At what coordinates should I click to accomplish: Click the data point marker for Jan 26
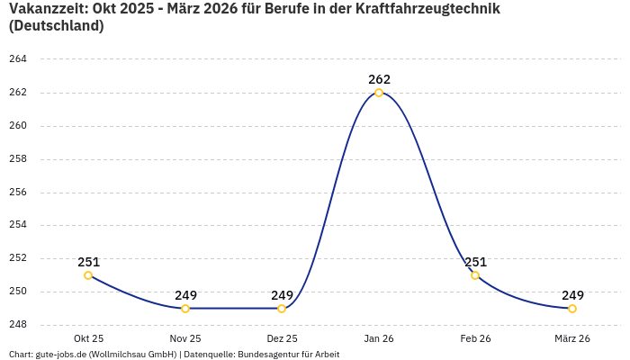pyautogui.click(x=379, y=93)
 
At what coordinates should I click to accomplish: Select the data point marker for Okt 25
pyautogui.click(x=88, y=275)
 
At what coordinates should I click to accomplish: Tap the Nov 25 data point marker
pyautogui.click(x=185, y=309)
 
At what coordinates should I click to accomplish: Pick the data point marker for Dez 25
pyautogui.click(x=282, y=309)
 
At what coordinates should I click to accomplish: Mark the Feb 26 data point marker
pyautogui.click(x=475, y=275)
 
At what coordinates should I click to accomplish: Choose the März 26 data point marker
pyautogui.click(x=572, y=309)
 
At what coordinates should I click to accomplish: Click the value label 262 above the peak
pyautogui.click(x=379, y=79)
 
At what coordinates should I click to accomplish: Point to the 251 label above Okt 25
pyautogui.click(x=88, y=262)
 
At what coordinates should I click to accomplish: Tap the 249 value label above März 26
pyautogui.click(x=572, y=295)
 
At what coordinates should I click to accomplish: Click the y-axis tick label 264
pyautogui.click(x=18, y=59)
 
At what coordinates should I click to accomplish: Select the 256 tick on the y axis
pyautogui.click(x=18, y=193)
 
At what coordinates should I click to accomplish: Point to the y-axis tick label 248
pyautogui.click(x=18, y=325)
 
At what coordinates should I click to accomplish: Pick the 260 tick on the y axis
pyautogui.click(x=18, y=126)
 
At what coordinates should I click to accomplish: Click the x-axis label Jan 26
pyautogui.click(x=379, y=338)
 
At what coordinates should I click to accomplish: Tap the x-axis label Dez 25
pyautogui.click(x=282, y=338)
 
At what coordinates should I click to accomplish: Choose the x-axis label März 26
pyautogui.click(x=572, y=338)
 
